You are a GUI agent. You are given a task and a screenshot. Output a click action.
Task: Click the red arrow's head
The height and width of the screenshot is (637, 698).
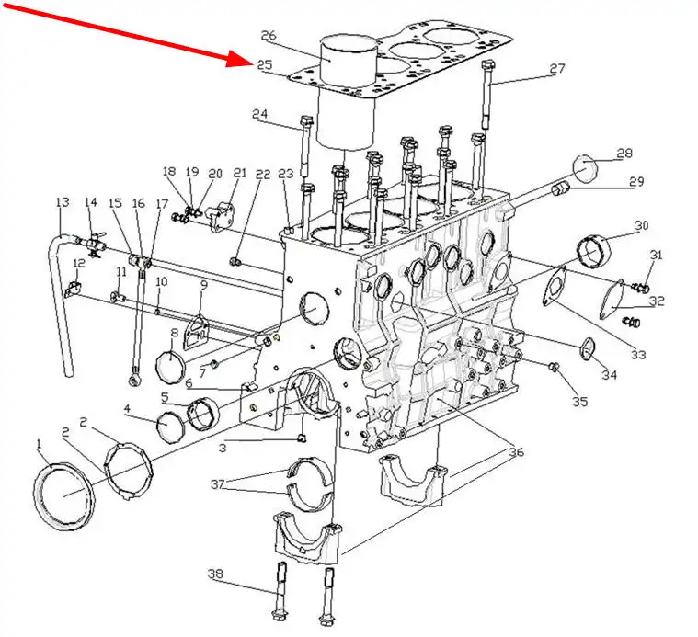coord(237,59)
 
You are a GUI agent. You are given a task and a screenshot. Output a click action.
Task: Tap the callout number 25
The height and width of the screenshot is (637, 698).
coord(264,65)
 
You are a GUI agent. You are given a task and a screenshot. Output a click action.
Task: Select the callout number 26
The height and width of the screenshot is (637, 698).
coord(269,35)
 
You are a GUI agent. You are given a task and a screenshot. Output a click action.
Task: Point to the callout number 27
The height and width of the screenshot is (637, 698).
coord(557,69)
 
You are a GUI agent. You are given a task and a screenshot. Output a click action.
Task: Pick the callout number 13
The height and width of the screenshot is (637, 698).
coord(63,202)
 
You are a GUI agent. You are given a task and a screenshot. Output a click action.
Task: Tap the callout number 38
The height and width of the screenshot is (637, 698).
coord(215,574)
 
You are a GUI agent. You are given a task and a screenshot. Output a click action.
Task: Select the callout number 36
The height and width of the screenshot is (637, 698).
coord(517,452)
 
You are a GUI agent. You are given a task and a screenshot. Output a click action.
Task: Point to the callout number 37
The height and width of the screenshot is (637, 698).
coord(217,484)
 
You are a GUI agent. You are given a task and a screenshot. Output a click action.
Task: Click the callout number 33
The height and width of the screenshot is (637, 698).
coord(638,355)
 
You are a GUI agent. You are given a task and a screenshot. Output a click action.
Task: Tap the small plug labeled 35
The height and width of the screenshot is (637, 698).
coord(555,367)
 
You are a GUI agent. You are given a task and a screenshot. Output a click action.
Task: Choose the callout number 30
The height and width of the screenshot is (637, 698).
coord(642,225)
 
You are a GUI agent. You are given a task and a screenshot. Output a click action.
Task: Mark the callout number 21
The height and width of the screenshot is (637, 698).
coord(240,173)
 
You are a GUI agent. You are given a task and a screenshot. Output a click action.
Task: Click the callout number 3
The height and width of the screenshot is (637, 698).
coord(223,448)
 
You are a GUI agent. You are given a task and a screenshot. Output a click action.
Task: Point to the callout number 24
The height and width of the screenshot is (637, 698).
coord(260,114)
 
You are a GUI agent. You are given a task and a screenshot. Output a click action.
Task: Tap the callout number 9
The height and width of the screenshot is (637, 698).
coord(204,285)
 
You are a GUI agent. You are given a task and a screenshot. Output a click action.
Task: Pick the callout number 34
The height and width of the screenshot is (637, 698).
coord(610,374)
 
